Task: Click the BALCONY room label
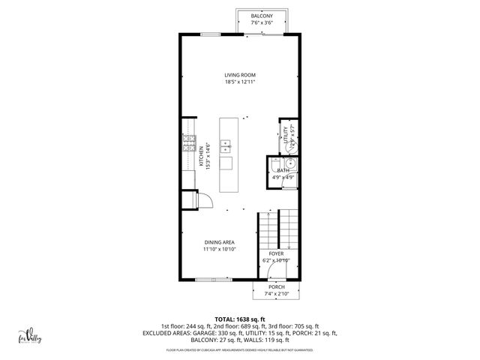[262, 16]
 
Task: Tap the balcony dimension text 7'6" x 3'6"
[262, 23]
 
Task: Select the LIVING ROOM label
[240, 74]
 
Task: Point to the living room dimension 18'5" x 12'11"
[240, 82]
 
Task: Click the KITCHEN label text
[200, 155]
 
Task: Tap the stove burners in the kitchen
[185, 146]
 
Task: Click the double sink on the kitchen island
[225, 146]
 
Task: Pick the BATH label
[283, 171]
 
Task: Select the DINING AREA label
[220, 241]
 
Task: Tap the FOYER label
[276, 253]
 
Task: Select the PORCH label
[276, 286]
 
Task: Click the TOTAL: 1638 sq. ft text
[240, 319]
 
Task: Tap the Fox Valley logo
[29, 337]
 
